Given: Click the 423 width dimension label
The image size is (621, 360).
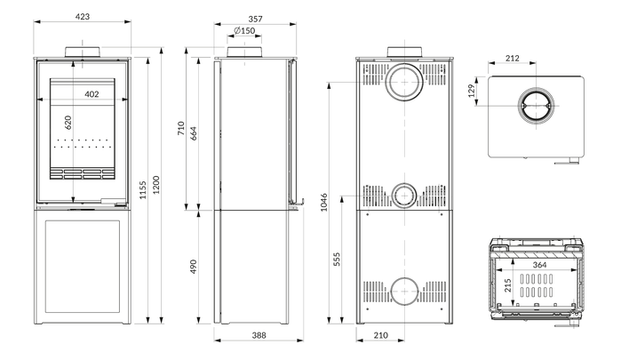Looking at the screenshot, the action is (x=83, y=17).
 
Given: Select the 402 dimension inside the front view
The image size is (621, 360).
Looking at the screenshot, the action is (x=92, y=94).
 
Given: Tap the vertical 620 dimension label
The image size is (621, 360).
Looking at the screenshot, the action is (x=68, y=123).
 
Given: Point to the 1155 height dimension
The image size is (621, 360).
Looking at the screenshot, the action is (x=143, y=190).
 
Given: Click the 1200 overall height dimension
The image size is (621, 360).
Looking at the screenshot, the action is (x=156, y=185).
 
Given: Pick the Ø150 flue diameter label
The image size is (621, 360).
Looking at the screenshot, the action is (x=244, y=30).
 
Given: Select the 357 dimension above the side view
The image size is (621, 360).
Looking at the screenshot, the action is (x=256, y=19).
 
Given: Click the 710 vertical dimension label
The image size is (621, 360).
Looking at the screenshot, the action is (x=181, y=129).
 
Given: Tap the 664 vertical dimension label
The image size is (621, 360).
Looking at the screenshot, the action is (x=194, y=133).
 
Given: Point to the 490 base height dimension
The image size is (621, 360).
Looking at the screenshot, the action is (x=194, y=267).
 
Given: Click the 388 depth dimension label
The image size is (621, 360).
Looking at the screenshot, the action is (x=259, y=335).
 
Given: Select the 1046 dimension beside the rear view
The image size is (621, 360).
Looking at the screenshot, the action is (x=324, y=202).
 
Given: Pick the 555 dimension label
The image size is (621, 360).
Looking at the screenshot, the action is (x=337, y=260).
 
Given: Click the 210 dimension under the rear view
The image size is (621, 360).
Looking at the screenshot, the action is (x=380, y=335).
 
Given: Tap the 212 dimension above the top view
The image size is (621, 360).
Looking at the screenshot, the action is (x=512, y=59).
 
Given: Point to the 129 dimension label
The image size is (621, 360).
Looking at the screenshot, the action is (x=471, y=91).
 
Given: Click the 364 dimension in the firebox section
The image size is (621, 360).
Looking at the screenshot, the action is (x=539, y=265).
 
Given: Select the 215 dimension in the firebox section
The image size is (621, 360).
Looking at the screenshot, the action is (x=508, y=285).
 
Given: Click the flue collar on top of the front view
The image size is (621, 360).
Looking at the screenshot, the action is (x=83, y=52).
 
